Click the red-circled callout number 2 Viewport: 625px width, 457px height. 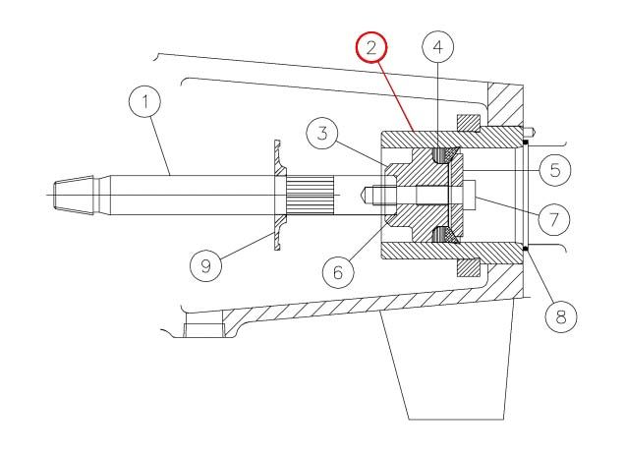click(x=371, y=47)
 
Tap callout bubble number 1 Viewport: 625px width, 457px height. click(x=145, y=101)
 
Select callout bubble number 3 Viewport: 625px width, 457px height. click(x=322, y=133)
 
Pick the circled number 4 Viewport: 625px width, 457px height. click(x=437, y=47)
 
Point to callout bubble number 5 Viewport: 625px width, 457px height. click(x=555, y=170)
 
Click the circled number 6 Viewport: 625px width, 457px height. click(x=338, y=273)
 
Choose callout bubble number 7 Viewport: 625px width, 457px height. click(x=553, y=219)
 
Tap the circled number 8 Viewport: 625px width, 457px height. click(x=561, y=317)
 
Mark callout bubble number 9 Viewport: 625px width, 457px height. click(x=205, y=265)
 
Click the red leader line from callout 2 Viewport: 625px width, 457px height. click(x=396, y=97)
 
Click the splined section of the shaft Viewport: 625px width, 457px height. click(x=310, y=195)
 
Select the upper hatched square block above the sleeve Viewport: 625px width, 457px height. click(x=468, y=123)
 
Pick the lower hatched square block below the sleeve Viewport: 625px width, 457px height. click(x=468, y=267)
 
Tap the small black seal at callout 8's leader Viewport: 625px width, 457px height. click(x=526, y=250)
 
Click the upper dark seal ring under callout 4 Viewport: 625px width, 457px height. click(x=441, y=155)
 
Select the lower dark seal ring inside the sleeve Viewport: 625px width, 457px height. click(x=441, y=235)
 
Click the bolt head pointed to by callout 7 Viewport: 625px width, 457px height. click(x=469, y=195)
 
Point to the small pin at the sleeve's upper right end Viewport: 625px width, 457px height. click(x=528, y=130)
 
